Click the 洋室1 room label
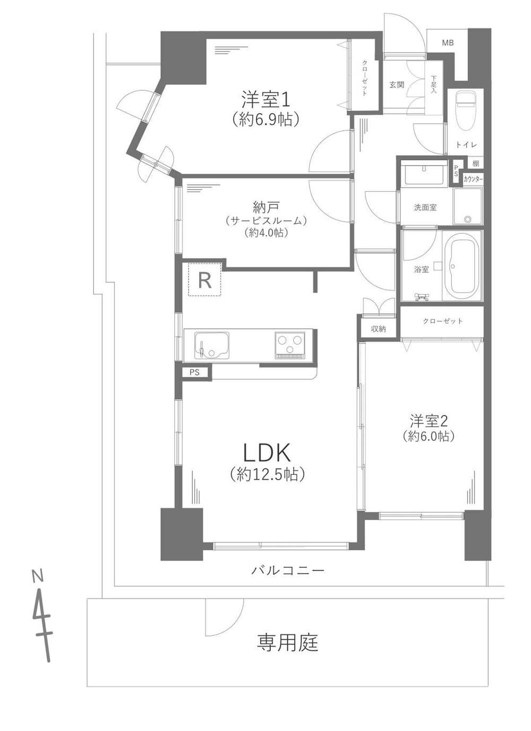click(x=265, y=100)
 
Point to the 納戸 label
click(x=267, y=207)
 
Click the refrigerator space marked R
click(x=204, y=279)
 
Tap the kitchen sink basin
click(x=211, y=345)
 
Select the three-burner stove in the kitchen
click(x=290, y=345)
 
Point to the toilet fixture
click(x=465, y=111)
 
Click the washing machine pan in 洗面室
click(x=468, y=206)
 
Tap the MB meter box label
click(x=448, y=42)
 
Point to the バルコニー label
click(x=288, y=570)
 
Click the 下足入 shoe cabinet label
click(x=433, y=84)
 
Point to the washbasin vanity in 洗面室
click(x=424, y=173)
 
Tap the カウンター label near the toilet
click(x=473, y=179)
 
